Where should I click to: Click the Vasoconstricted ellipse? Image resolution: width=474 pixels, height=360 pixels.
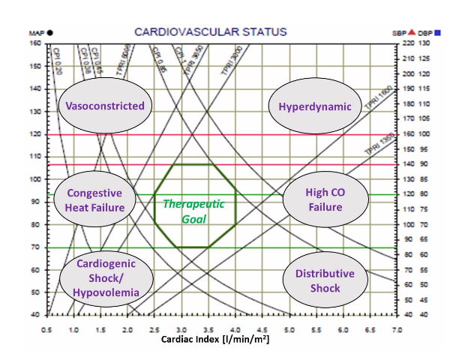[105, 106]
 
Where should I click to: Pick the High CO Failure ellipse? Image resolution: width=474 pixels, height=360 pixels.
[324, 199]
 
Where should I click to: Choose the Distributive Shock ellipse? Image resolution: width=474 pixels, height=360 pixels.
[324, 280]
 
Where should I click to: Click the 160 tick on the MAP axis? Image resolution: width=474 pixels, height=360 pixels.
[35, 43]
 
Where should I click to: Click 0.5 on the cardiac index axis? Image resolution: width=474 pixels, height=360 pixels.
[46, 329]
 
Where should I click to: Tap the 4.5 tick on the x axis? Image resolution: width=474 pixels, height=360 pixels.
[262, 329]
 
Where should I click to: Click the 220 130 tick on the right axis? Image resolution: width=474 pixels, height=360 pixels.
[413, 43]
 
